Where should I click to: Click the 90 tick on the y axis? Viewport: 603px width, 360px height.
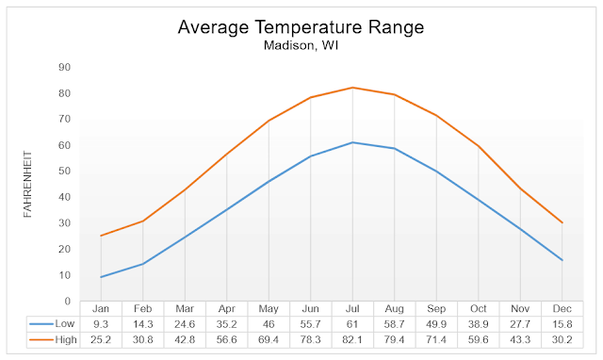pyautogui.click(x=64, y=67)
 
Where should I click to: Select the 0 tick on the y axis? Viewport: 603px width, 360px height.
pyautogui.click(x=67, y=302)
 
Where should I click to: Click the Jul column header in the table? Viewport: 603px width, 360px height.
pyautogui.click(x=352, y=309)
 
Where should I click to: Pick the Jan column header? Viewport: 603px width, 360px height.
pyautogui.click(x=102, y=309)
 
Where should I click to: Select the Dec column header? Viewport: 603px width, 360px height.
pyautogui.click(x=562, y=309)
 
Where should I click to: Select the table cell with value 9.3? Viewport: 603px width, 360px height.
pyautogui.click(x=102, y=323)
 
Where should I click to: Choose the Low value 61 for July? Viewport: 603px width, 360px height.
pyautogui.click(x=352, y=323)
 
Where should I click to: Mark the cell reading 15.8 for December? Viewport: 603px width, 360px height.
pyautogui.click(x=562, y=323)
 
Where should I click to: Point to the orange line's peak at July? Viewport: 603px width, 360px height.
pyautogui.click(x=352, y=88)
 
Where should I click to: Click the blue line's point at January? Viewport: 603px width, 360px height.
pyautogui.click(x=102, y=277)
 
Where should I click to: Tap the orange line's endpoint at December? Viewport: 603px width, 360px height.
pyautogui.click(x=562, y=223)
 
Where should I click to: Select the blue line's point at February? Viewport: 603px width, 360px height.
pyautogui.click(x=143, y=264)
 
